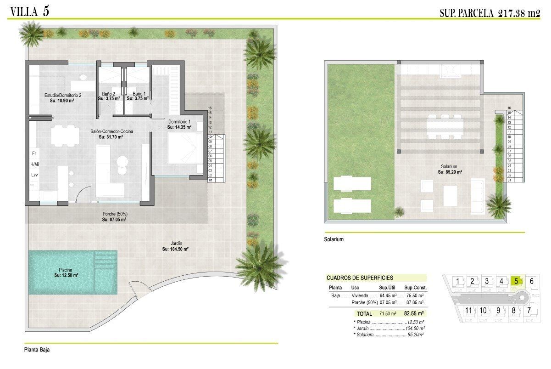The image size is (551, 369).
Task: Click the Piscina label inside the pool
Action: tap(65, 270)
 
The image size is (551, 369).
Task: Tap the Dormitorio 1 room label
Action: tap(179, 122)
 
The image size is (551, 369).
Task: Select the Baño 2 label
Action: tap(108, 94)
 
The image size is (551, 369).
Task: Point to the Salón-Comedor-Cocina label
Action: tap(111, 131)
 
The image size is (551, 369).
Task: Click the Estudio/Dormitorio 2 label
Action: tap(63, 95)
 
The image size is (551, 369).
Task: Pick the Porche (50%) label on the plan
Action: tap(115, 214)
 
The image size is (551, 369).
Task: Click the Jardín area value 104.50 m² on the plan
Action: tap(175, 249)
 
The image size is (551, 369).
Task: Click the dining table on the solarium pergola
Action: tap(445, 127)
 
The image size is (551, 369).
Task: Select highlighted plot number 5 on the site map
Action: tap(516, 281)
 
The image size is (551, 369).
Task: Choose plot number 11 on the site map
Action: tap(468, 311)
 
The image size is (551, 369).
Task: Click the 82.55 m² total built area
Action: tap(414, 313)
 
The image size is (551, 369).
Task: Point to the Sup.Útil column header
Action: tap(387, 288)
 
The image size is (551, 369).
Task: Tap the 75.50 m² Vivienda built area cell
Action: tap(415, 295)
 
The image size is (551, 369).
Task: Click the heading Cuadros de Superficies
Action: tap(360, 278)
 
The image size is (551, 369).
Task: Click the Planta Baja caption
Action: tap(37, 350)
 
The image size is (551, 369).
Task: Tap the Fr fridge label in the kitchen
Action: tap(34, 153)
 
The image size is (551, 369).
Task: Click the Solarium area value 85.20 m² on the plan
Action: tap(450, 172)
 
